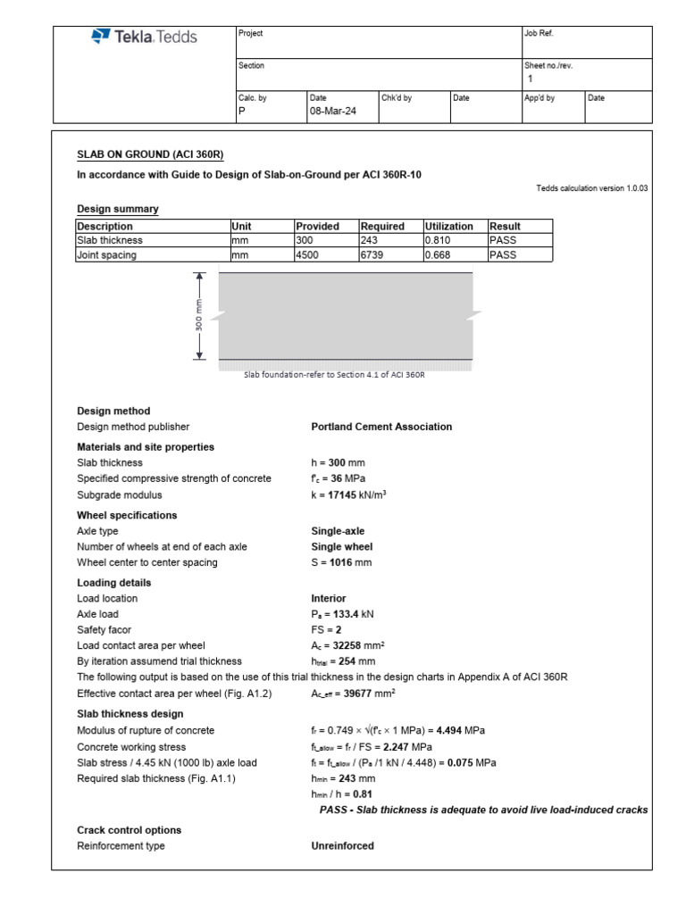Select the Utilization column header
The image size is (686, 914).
click(449, 227)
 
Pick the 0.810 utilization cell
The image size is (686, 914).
click(438, 241)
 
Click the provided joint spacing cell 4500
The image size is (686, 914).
click(308, 255)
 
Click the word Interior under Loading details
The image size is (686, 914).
click(328, 599)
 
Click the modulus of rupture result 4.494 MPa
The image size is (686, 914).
click(462, 730)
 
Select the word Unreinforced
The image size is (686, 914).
click(342, 846)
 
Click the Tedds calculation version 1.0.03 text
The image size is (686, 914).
click(592, 189)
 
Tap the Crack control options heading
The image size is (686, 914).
click(129, 830)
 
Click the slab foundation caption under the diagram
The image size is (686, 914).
click(334, 376)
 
